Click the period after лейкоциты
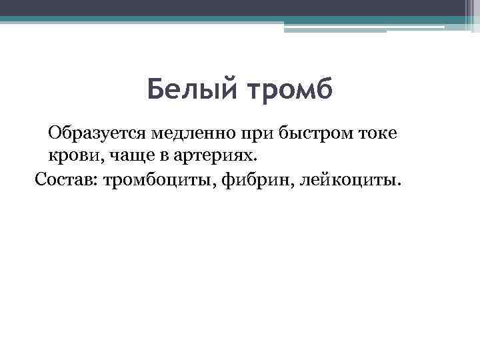[401, 185]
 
